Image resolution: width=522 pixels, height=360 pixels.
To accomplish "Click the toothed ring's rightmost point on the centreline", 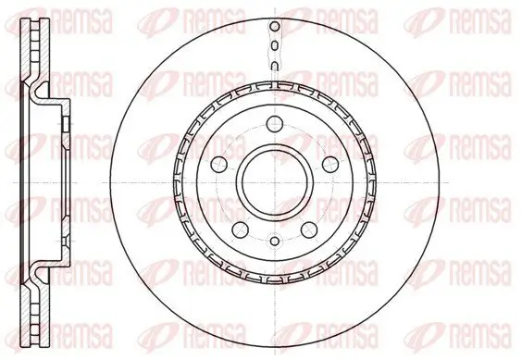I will tap(375, 180).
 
